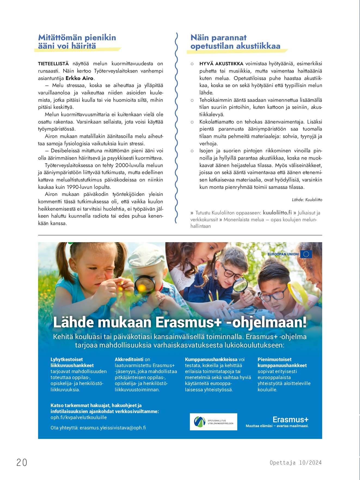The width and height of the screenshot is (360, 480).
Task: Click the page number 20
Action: click(x=22, y=462)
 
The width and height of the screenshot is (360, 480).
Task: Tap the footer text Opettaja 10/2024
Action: click(x=296, y=463)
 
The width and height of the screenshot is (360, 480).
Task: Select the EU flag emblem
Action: click(x=306, y=254)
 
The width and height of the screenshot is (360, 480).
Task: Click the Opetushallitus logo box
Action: click(x=214, y=422)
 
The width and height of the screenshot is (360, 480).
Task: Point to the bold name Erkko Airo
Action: click(x=80, y=78)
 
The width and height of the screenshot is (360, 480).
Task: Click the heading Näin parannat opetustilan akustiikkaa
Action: click(x=235, y=42)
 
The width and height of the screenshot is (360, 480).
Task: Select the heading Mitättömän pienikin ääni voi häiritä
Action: click(x=77, y=42)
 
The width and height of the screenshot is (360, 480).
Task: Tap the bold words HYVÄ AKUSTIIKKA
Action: click(x=221, y=64)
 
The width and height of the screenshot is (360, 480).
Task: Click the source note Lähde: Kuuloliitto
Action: click(x=307, y=200)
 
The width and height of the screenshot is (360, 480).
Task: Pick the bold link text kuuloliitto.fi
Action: click(x=277, y=213)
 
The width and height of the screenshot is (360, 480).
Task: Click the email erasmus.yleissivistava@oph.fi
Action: click(x=113, y=428)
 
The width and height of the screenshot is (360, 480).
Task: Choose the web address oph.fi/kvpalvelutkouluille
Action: click(x=79, y=417)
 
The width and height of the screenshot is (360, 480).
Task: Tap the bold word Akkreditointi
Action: click(x=129, y=359)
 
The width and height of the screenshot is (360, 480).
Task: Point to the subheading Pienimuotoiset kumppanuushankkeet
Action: click(x=282, y=362)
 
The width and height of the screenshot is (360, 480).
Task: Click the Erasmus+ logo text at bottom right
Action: click(x=290, y=420)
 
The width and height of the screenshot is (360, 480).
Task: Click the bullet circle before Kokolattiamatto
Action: click(x=192, y=122)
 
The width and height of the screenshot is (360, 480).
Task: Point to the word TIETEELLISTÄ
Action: click(x=53, y=64)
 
